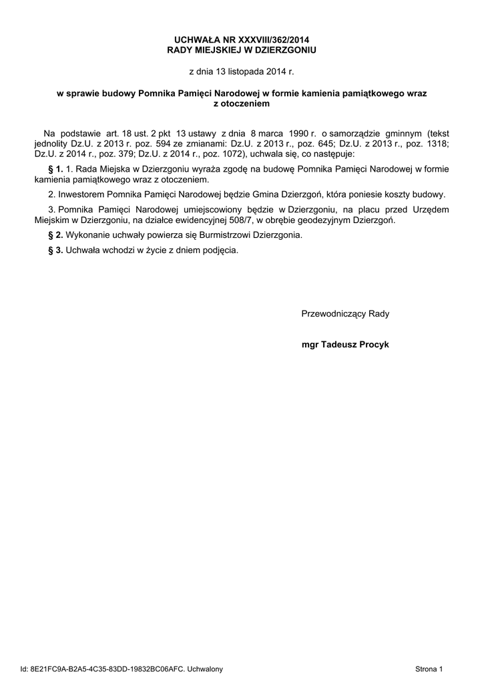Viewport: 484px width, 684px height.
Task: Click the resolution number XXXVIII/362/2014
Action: tap(270, 40)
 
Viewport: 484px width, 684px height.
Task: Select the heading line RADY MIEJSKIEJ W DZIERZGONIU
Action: tap(242, 50)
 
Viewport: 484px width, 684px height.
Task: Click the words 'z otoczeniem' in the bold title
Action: tap(242, 104)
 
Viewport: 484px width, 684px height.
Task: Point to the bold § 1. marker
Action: tap(56, 170)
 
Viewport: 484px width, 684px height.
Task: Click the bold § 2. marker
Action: tap(56, 236)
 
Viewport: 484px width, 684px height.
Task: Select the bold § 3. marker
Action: tap(56, 250)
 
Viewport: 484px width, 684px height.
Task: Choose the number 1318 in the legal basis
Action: tap(437, 143)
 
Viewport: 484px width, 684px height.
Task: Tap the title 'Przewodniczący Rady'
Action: tap(345, 313)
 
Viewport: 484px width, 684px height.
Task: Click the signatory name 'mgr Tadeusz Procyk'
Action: tap(345, 345)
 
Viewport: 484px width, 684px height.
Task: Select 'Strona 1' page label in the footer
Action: tap(429, 669)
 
